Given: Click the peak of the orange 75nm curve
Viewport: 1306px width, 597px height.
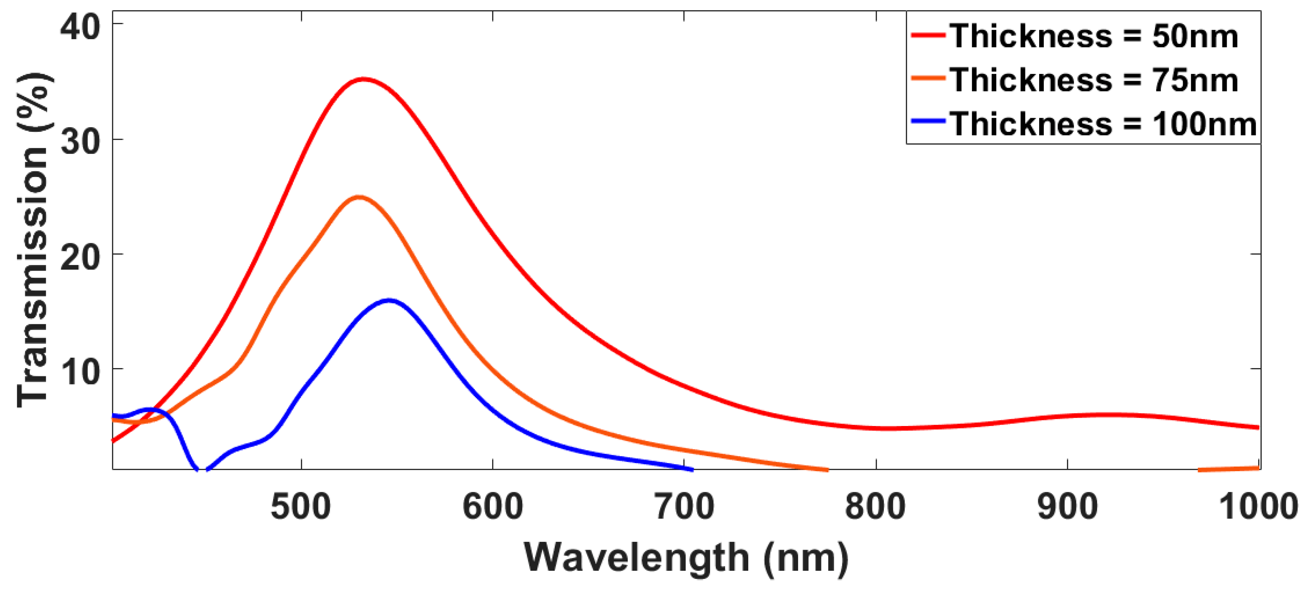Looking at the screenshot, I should tap(359, 197).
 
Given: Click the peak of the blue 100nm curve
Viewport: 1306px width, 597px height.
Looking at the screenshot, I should tap(389, 300).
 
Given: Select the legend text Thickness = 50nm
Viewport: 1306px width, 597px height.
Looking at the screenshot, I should tap(1094, 36).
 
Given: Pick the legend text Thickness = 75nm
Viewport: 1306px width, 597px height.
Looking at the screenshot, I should tap(1094, 80).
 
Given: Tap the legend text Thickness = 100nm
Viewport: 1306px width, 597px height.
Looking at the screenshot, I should tap(1103, 124).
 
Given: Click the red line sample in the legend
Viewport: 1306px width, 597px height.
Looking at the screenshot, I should tap(928, 35).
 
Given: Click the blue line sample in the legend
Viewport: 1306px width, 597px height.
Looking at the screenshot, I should tap(928, 121).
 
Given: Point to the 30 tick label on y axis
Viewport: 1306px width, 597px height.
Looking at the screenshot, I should tap(79, 141).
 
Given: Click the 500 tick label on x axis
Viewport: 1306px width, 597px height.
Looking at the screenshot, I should tap(301, 507).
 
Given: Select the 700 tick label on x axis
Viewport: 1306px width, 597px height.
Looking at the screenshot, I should tap(684, 507).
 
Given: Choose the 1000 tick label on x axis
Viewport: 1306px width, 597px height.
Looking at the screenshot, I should tap(1257, 507).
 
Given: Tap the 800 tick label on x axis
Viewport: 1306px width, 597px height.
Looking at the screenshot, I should tap(875, 507).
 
